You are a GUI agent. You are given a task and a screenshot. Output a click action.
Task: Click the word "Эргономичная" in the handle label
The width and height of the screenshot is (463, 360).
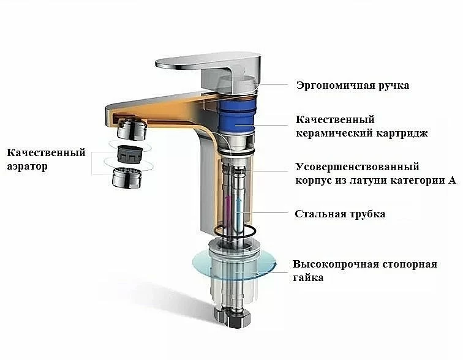click(336, 86)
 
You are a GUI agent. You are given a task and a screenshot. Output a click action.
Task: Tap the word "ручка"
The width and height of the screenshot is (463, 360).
click(394, 86)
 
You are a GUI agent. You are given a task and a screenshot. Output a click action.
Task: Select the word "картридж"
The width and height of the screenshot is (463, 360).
click(402, 133)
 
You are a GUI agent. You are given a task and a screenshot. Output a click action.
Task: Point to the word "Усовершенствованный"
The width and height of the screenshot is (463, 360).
click(357, 167)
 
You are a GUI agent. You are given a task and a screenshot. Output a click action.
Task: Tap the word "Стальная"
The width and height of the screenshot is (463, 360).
click(320, 214)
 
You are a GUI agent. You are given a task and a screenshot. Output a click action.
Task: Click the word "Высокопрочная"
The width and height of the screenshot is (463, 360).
click(336, 264)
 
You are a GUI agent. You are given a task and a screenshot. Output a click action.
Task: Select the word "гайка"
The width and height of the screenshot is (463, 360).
click(308, 277)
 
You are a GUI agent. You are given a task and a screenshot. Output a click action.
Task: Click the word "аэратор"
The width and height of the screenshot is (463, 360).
click(27, 167)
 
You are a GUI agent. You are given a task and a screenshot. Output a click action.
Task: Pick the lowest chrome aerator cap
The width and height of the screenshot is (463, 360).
click(127, 178)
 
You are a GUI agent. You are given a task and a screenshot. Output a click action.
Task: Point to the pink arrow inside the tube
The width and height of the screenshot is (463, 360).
click(227, 209)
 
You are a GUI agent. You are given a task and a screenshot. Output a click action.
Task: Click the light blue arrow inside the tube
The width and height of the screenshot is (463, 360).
click(239, 209)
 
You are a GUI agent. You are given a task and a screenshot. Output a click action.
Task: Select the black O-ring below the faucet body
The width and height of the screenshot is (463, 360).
click(234, 230)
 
